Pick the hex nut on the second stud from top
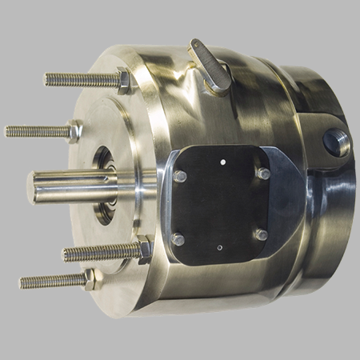[x=75, y=130]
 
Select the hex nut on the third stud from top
[x=143, y=250]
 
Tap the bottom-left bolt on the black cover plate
[x=178, y=239]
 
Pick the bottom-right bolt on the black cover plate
[x=260, y=234]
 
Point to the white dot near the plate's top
[x=222, y=161]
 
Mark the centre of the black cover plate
[x=220, y=205]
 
